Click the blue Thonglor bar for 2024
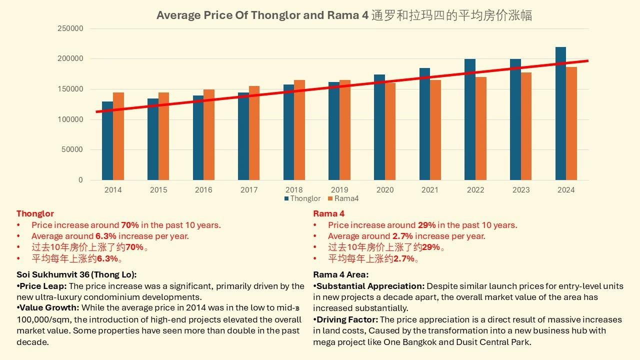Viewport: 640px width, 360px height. tap(560, 113)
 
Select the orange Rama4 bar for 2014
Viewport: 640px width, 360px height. tap(118, 136)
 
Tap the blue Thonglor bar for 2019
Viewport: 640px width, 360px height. tap(334, 131)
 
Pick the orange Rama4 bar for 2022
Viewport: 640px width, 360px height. tap(481, 128)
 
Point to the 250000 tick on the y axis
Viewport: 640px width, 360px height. tap(70, 28)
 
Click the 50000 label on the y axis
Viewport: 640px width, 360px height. tap(72, 149)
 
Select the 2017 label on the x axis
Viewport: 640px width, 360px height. tap(249, 190)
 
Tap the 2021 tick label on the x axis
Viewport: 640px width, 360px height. tap(430, 190)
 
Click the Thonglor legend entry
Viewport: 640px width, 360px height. tap(302, 198)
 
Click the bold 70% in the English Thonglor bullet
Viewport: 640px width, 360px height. tap(130, 225)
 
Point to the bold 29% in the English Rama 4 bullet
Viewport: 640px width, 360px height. tap(426, 225)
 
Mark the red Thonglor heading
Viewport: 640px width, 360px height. tap(35, 213)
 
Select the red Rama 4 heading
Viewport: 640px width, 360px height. tap(328, 213)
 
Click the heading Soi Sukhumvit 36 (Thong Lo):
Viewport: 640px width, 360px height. tap(76, 274)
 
